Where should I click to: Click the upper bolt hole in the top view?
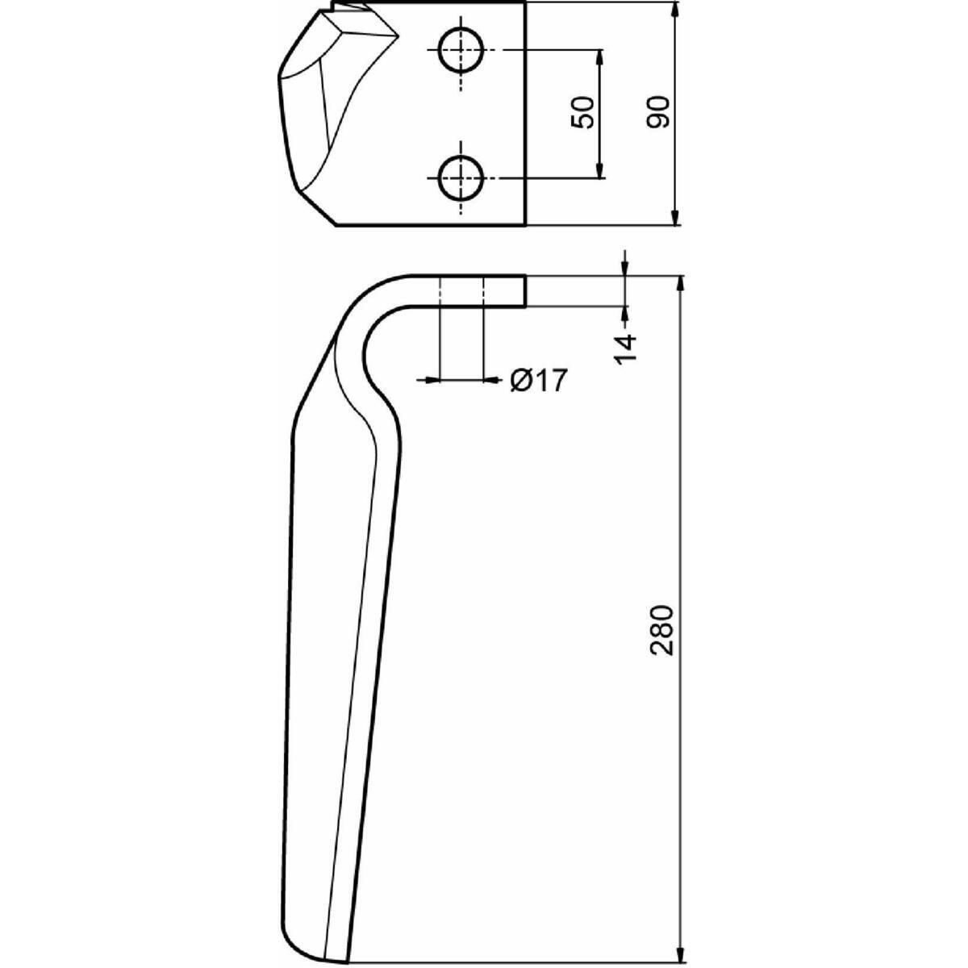point(460,50)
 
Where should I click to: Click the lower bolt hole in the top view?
point(460,178)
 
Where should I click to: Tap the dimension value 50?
point(582,112)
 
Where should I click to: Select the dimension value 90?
point(658,112)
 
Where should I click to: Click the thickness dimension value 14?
point(625,348)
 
